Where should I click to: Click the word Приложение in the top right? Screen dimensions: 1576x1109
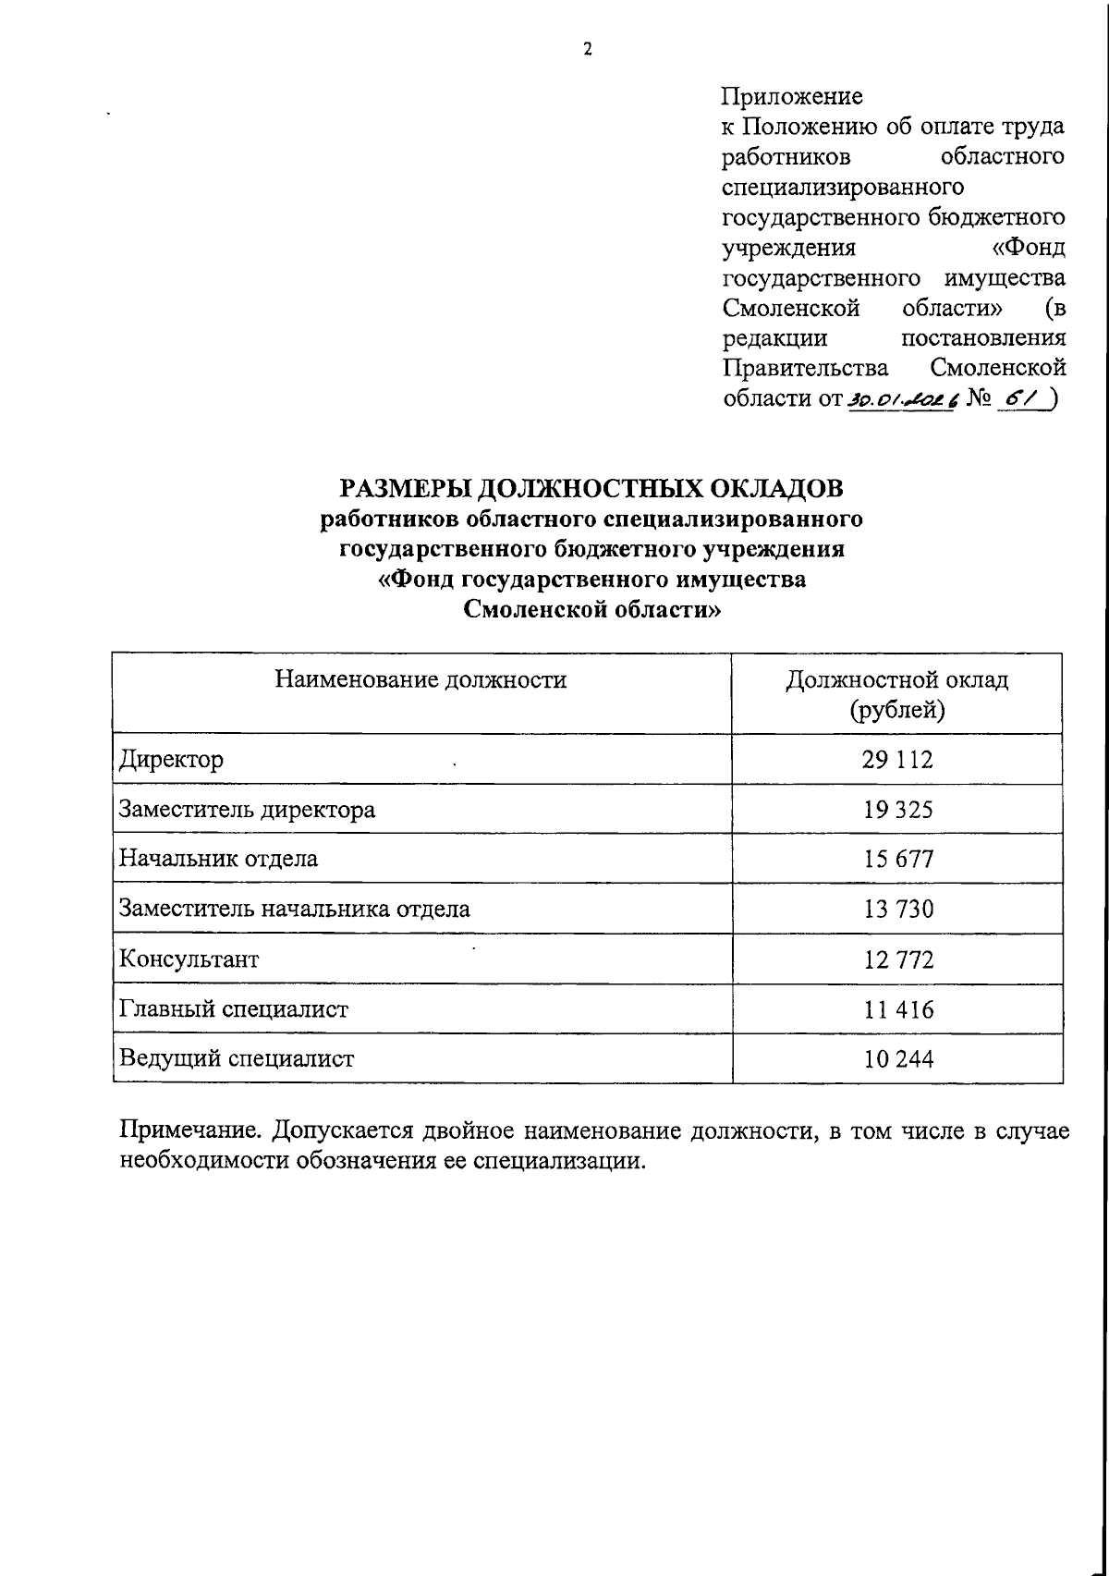[791, 96]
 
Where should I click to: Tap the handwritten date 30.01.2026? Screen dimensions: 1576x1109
[900, 397]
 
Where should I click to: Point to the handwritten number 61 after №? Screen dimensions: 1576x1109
[1022, 396]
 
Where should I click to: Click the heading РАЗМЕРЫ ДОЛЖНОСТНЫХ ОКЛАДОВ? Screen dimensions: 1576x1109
[591, 487]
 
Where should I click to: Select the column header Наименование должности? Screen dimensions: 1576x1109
[420, 681]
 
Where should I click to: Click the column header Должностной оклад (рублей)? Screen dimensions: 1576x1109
[896, 695]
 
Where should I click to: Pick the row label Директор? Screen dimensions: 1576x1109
[172, 761]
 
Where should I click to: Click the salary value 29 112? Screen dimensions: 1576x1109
[897, 760]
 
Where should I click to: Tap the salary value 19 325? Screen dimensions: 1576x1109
[897, 811]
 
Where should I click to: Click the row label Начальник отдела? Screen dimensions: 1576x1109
[218, 860]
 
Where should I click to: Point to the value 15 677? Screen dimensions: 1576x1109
[897, 860]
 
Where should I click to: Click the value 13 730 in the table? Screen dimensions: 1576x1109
[897, 910]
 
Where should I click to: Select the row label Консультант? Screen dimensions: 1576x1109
[189, 959]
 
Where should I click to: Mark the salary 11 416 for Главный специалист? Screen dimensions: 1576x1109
[897, 1009]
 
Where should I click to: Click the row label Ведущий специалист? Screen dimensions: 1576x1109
[237, 1059]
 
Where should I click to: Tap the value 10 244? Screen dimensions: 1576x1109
[897, 1059]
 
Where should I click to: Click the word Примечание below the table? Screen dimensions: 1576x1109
[190, 1131]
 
